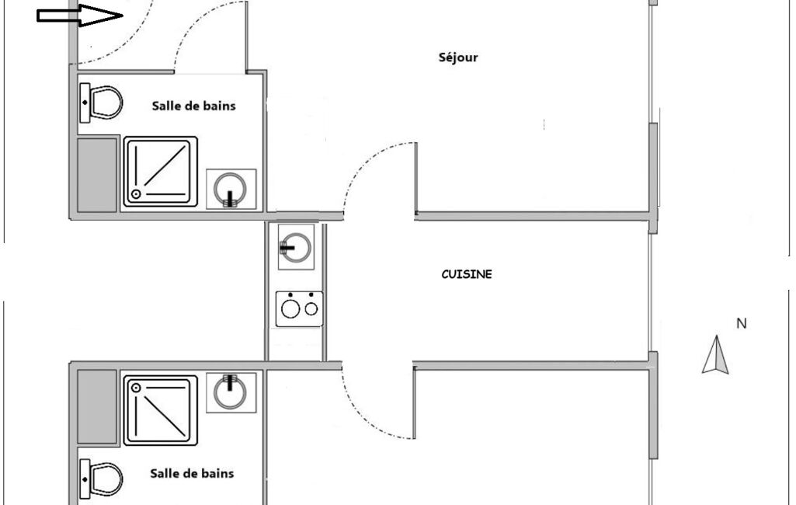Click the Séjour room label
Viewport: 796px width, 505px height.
[x=458, y=57]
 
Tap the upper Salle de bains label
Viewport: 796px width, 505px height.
[x=193, y=106]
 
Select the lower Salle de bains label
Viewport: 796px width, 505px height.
[x=192, y=472]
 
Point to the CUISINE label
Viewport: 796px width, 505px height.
[x=466, y=274]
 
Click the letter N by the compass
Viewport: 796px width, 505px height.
[x=741, y=323]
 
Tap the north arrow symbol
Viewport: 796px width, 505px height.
[x=716, y=355]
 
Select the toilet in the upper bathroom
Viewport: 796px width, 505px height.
[x=102, y=103]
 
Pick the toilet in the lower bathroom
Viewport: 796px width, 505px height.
[x=102, y=477]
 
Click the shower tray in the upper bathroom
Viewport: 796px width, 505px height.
[x=161, y=172]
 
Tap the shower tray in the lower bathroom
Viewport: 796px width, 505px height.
[x=161, y=409]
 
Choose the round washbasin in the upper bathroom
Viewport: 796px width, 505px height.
[x=231, y=190]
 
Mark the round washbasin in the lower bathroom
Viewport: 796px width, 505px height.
[x=231, y=392]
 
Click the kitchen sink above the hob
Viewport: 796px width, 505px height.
[x=296, y=247]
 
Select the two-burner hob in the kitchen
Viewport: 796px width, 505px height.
[x=299, y=308]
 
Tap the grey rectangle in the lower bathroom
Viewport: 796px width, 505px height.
[x=97, y=406]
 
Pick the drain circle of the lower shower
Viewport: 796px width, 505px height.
[x=136, y=387]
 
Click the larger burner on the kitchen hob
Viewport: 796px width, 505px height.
[x=291, y=309]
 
